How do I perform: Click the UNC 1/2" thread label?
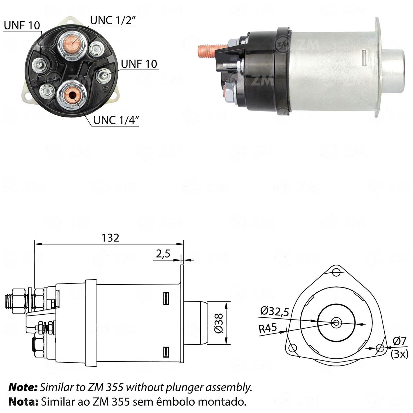113,20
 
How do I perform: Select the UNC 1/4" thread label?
116,120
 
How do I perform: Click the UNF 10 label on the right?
139,64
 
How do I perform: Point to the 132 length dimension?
110,238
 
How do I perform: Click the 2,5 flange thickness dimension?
163,254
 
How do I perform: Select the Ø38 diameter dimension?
219,324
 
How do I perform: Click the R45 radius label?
268,328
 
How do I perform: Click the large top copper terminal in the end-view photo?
73,42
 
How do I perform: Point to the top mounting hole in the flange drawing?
336,272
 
